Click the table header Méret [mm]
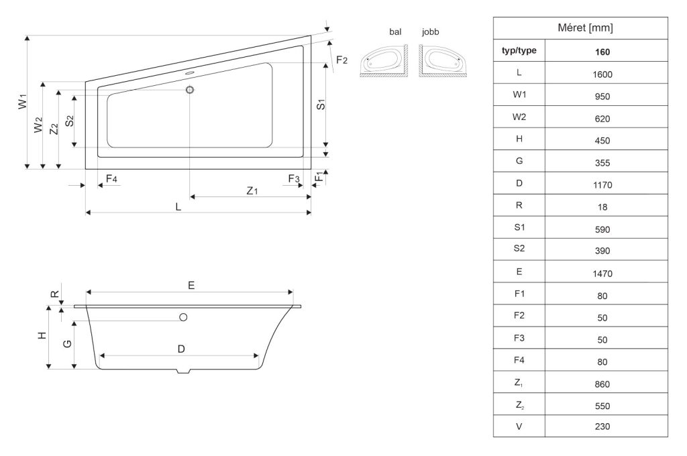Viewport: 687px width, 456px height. (x=585, y=28)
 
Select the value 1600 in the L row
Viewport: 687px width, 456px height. (x=602, y=74)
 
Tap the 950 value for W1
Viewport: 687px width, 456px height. (x=602, y=97)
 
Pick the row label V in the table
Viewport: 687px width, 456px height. (x=519, y=426)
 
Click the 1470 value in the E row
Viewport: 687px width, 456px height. (x=602, y=274)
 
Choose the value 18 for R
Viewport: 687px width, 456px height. (x=602, y=207)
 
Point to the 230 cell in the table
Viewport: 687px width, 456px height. (x=602, y=426)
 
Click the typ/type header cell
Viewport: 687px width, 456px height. (x=519, y=50)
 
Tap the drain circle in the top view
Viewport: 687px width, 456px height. (x=190, y=90)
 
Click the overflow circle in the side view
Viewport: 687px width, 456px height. (x=183, y=317)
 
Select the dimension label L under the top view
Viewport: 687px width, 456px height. (x=178, y=207)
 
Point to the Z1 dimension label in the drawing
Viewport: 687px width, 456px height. (x=252, y=190)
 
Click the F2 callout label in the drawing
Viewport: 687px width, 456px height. (x=341, y=60)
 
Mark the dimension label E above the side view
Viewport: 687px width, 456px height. (x=191, y=286)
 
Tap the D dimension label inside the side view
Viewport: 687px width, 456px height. (x=181, y=349)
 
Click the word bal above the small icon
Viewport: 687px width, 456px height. (x=395, y=32)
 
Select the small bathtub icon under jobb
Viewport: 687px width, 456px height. (x=443, y=61)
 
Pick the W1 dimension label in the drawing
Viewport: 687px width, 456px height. (x=23, y=101)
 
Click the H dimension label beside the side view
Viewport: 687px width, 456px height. (x=42, y=335)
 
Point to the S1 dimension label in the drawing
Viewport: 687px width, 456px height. (x=321, y=105)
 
